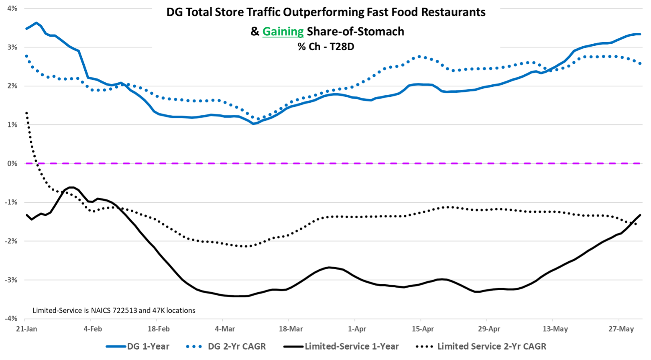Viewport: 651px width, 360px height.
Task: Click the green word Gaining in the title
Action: (283, 31)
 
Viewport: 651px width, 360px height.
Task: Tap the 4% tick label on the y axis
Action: (12, 8)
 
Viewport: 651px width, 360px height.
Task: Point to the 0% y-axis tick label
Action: (12, 163)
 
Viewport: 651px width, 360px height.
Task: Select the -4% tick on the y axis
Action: (11, 318)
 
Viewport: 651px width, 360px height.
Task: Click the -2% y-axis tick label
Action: (11, 241)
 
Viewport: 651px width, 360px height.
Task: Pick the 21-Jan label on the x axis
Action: (26, 329)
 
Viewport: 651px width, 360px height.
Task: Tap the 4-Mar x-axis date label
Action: (225, 329)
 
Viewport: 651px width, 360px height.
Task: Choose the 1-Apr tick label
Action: (357, 329)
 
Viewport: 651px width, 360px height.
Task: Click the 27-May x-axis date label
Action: (621, 329)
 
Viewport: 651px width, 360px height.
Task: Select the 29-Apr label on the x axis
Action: (489, 329)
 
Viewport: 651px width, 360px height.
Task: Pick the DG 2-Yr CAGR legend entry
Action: (227, 346)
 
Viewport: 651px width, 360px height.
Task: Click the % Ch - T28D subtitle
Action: (326, 47)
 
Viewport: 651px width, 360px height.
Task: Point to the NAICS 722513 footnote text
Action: (114, 310)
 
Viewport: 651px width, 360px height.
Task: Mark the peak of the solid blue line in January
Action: (37, 22)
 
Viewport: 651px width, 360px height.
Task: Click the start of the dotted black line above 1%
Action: (26, 113)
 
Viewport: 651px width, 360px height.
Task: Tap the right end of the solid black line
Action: (640, 215)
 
